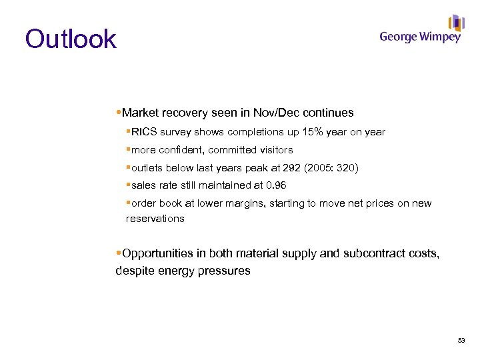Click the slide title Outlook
click(71, 39)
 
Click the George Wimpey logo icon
click(456, 23)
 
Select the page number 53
click(461, 341)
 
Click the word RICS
click(143, 132)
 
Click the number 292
click(285, 167)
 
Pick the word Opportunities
click(163, 253)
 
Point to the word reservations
click(155, 219)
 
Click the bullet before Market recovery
click(119, 113)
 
